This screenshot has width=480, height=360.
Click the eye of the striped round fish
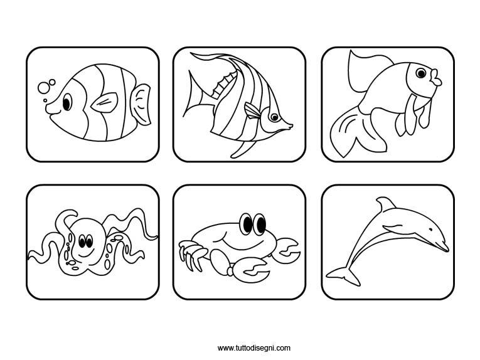[x=67, y=102]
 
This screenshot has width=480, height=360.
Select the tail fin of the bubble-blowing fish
[x=141, y=105]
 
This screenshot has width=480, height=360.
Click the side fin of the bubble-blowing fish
[x=104, y=102]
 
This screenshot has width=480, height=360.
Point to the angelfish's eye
[x=274, y=117]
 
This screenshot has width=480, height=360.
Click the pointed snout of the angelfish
[x=290, y=125]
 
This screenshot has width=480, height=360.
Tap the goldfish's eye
[x=421, y=73]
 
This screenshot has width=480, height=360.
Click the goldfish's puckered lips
[x=436, y=78]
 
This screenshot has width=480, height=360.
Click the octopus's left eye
[x=82, y=241]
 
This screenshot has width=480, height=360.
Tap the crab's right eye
[x=261, y=224]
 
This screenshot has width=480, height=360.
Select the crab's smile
[x=242, y=240]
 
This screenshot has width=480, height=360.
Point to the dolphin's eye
[x=430, y=229]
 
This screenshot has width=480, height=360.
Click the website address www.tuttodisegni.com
[x=253, y=347]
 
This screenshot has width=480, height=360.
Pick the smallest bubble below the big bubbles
[x=45, y=100]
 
